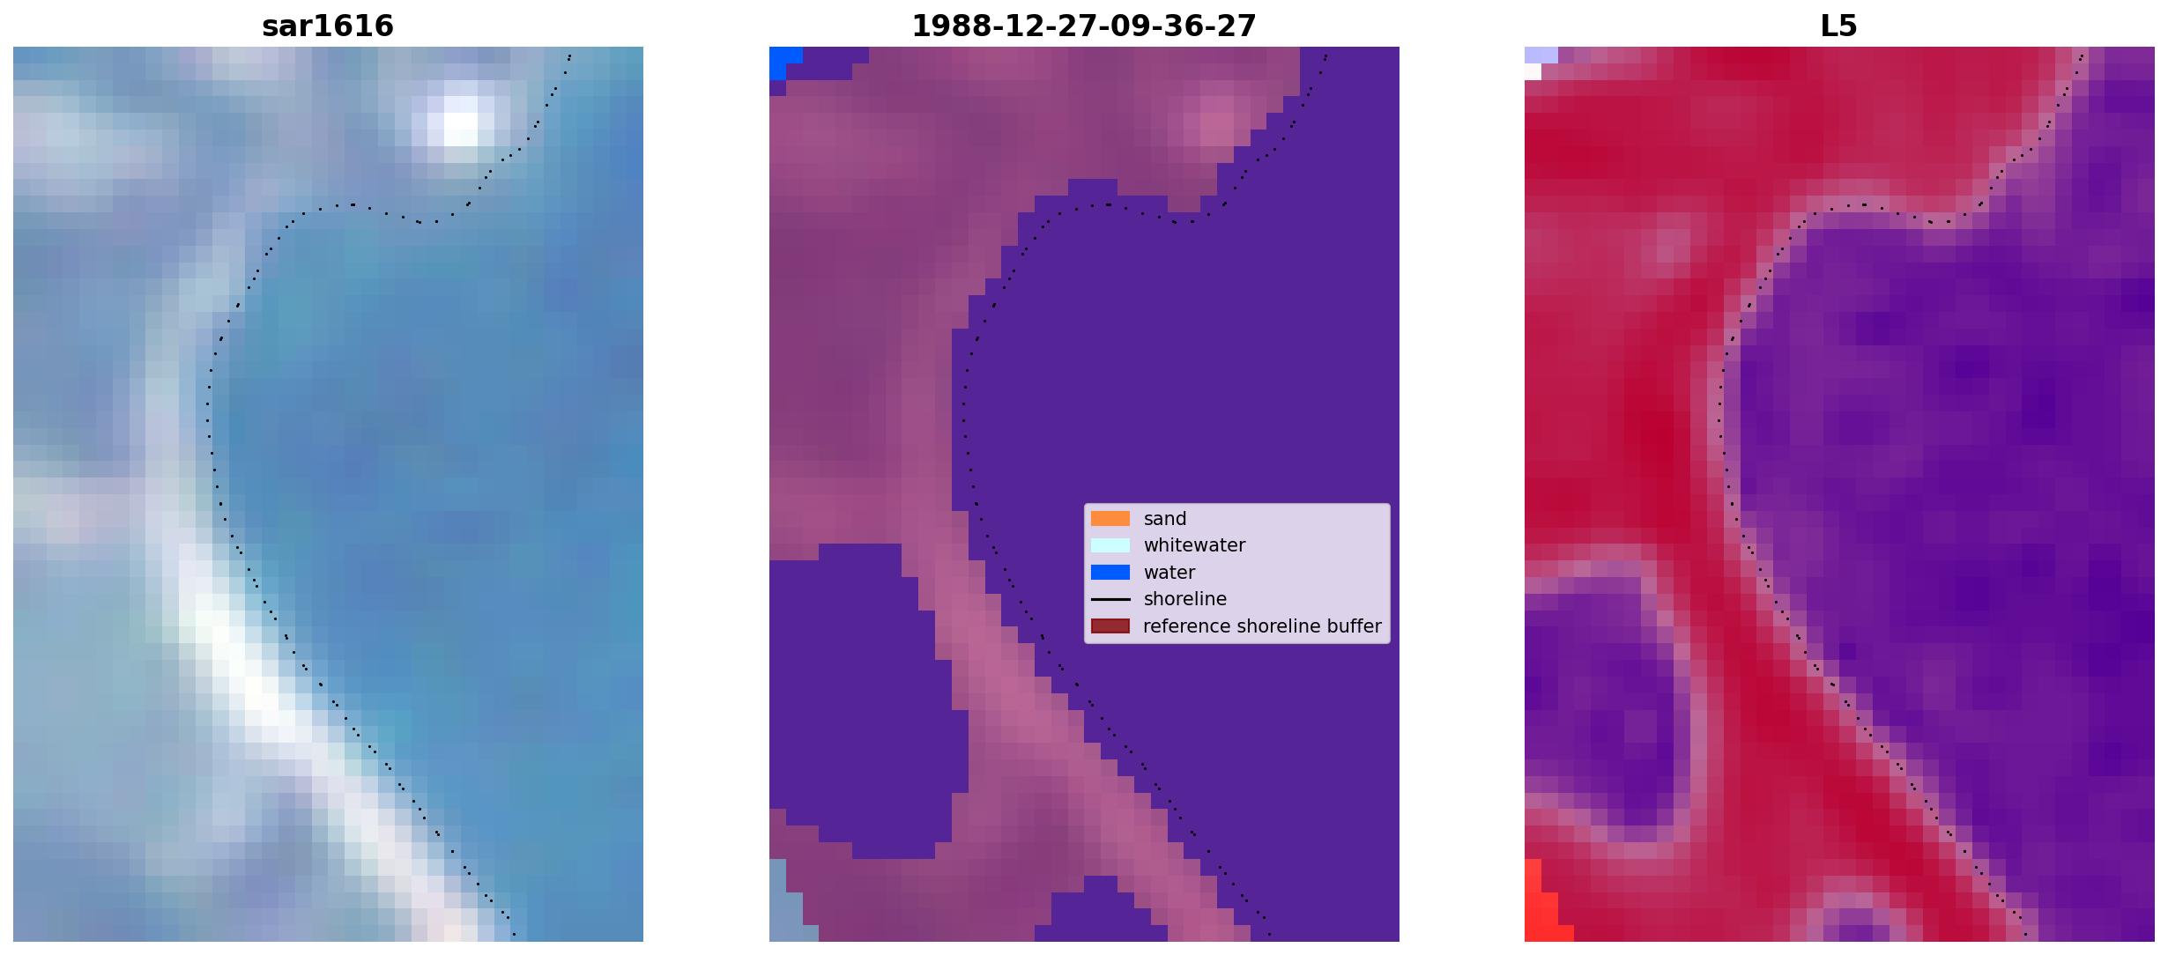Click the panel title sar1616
(x=328, y=26)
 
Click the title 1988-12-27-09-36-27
(x=1084, y=26)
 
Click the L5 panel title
(x=1839, y=26)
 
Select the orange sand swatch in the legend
(x=1110, y=519)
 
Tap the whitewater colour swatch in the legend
(x=1110, y=545)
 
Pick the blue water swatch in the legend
(x=1110, y=573)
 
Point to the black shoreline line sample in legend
(x=1110, y=599)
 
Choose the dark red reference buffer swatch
(x=1110, y=626)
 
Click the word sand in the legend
(x=1165, y=519)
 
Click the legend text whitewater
(x=1194, y=545)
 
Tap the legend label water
(x=1169, y=573)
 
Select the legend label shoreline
(x=1185, y=599)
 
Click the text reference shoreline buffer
(x=1262, y=626)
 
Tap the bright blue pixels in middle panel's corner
(x=782, y=60)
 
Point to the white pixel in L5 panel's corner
(x=1533, y=72)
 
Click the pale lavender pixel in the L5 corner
(x=1541, y=55)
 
